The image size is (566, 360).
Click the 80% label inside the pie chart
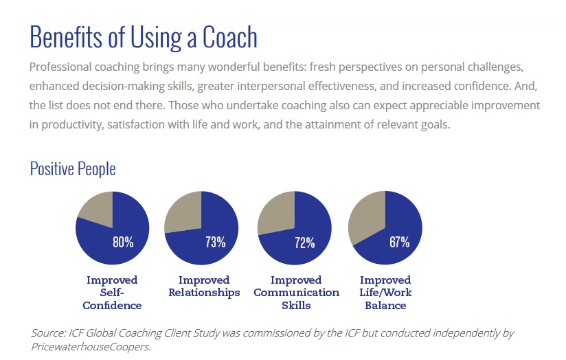pos(123,242)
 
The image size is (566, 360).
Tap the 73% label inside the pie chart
pos(215,242)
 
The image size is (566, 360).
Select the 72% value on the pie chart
pos(305,242)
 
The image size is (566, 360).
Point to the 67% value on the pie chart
pos(399,242)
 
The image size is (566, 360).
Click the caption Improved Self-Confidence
pos(112,293)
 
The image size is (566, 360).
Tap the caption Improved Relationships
pos(204,286)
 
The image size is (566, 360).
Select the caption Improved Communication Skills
pos(296,293)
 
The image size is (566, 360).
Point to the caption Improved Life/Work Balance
pos(385,293)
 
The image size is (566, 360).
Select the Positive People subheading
pos(73,168)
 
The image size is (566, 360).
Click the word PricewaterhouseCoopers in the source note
pos(89,346)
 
